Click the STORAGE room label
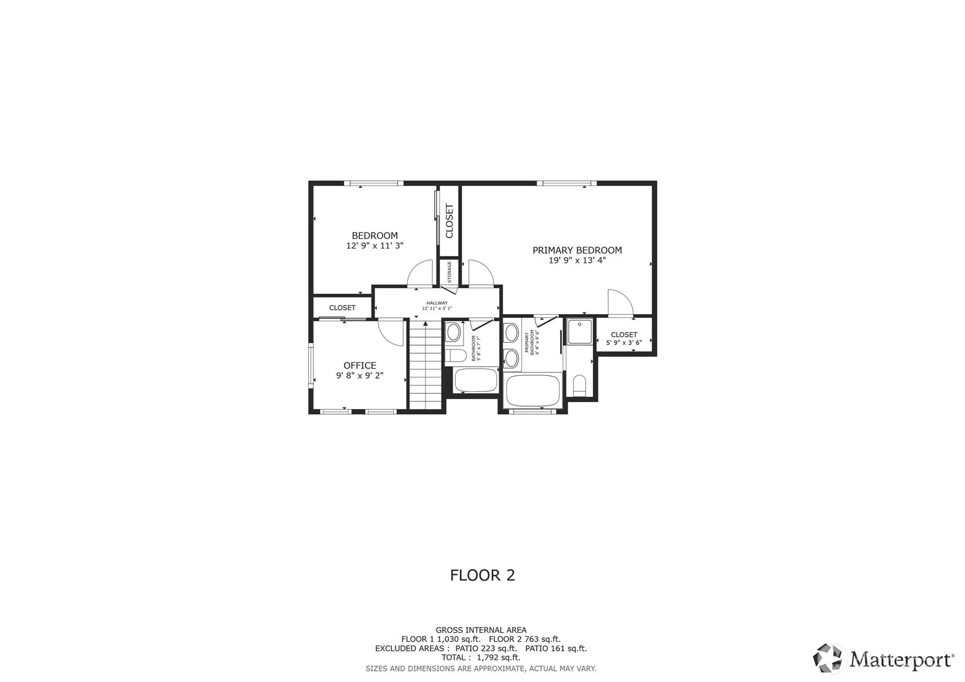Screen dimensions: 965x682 [449, 272]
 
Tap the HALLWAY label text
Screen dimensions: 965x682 [437, 303]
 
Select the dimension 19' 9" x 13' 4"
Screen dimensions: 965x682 [577, 260]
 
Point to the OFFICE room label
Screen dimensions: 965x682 [360, 366]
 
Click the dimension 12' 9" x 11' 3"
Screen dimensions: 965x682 [375, 245]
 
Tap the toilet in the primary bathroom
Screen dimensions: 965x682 [580, 385]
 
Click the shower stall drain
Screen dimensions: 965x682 [579, 324]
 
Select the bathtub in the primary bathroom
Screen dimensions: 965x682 [533, 390]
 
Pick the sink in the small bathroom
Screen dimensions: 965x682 [453, 332]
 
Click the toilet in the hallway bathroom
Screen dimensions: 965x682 [455, 356]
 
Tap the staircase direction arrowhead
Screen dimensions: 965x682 [425, 323]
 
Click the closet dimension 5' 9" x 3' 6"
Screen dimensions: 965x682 [624, 343]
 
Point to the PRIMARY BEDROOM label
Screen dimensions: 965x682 [577, 250]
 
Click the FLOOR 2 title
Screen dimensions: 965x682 [483, 575]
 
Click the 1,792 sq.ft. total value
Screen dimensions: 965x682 [499, 657]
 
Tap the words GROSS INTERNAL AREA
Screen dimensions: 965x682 [481, 630]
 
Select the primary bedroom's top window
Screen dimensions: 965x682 [567, 183]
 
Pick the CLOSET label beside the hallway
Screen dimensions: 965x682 [343, 308]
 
